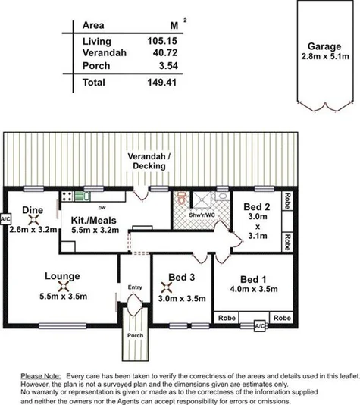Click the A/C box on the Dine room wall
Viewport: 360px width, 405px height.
[x=5, y=219]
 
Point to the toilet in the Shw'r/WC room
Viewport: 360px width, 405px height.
[x=181, y=199]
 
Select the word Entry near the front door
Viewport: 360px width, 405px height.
[x=135, y=287]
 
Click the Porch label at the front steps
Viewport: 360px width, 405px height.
[x=135, y=336]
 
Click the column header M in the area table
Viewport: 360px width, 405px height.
[x=175, y=26]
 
